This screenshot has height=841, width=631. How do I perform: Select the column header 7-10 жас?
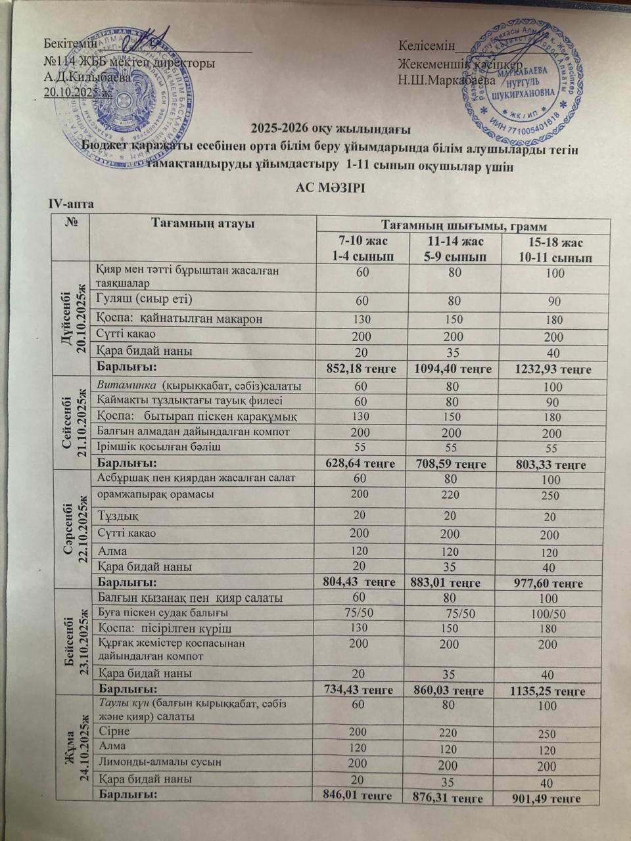pos(362,242)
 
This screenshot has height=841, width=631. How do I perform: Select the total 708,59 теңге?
pos(450,464)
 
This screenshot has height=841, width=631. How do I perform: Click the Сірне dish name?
pos(114,731)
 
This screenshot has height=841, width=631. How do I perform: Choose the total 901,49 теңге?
pos(550,798)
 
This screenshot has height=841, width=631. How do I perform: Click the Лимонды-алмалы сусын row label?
pos(158,763)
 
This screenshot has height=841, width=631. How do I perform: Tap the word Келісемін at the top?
pos(427,45)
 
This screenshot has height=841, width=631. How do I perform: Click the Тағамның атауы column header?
pos(203,223)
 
